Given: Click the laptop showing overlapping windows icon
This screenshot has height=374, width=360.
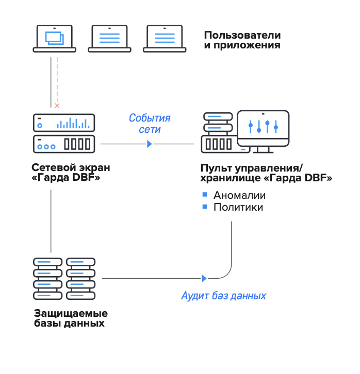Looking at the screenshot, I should point(54,39).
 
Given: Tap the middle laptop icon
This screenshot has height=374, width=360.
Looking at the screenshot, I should point(109,39).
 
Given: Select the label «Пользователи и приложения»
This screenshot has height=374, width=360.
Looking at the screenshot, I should point(242,40).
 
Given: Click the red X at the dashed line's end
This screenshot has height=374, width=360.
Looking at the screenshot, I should point(57,105).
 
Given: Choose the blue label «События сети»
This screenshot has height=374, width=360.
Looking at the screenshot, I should point(150,124).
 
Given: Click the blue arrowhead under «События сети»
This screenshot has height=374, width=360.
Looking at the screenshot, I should point(150,144).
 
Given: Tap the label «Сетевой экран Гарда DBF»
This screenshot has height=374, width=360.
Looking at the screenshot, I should point(71,173).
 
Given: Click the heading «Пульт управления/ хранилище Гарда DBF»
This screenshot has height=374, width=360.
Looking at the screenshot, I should point(265,173).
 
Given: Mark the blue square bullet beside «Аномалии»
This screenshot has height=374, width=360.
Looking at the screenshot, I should point(204,195).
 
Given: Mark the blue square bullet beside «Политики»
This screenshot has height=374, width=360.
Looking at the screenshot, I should point(204,207).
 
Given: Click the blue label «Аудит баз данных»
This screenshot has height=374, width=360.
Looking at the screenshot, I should point(224,296).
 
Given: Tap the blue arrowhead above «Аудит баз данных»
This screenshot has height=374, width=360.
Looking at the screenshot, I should point(204,279).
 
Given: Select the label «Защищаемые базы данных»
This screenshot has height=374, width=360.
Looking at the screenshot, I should point(71,318).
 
